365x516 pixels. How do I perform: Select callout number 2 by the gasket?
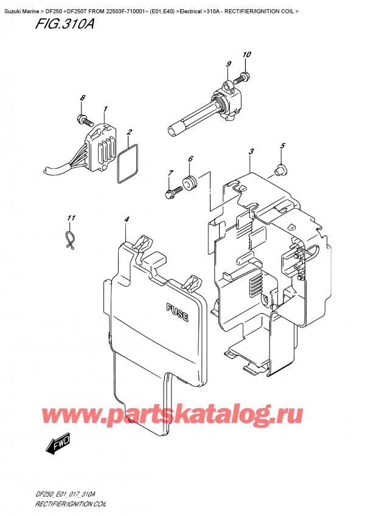[x=129, y=132]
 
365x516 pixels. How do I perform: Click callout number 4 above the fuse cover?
[x=282, y=145]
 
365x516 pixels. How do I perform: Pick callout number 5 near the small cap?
[x=190, y=159]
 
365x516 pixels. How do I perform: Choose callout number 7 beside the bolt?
[x=83, y=98]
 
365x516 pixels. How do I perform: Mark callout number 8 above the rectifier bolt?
[x=228, y=65]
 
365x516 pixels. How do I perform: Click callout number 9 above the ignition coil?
[x=246, y=55]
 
